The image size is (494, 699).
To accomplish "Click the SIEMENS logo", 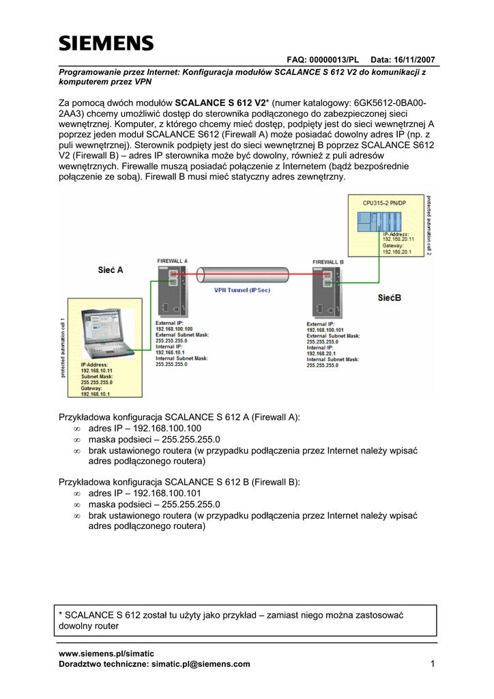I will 106,44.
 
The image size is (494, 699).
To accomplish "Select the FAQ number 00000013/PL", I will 331,60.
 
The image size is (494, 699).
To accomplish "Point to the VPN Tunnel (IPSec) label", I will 242,290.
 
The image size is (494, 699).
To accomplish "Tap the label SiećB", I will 390,298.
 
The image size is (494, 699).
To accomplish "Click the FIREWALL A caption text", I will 172,261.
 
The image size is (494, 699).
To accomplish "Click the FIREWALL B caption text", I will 328,262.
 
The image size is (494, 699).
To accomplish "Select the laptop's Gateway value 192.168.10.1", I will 96,395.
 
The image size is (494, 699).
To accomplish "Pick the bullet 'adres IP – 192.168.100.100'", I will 145,428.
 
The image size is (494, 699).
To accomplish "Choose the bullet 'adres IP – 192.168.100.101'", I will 145,493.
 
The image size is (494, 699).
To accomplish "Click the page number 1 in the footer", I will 433,664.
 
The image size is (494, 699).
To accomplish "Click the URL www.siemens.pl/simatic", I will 107,653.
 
